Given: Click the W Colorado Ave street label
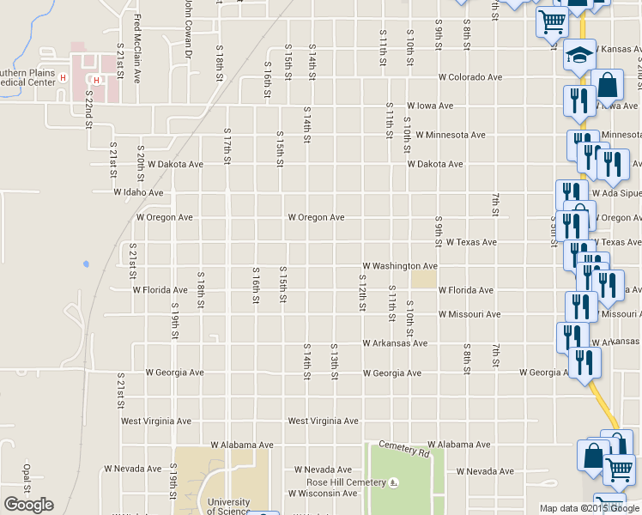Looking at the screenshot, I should (x=469, y=77).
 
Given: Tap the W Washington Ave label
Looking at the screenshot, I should (x=400, y=267).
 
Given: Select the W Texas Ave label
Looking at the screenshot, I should (x=470, y=243).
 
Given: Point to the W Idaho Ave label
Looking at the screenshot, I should (x=138, y=193).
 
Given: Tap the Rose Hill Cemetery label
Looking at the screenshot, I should (x=341, y=482).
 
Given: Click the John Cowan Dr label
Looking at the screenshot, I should (x=186, y=30).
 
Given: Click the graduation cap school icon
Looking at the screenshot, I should (x=579, y=57).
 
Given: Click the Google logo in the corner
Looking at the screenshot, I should (x=28, y=505).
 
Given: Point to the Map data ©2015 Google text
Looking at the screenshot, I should (x=589, y=508).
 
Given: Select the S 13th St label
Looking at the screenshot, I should (x=334, y=361).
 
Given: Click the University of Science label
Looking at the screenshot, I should (x=228, y=506).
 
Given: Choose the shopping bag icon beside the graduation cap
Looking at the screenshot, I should (x=608, y=85).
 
